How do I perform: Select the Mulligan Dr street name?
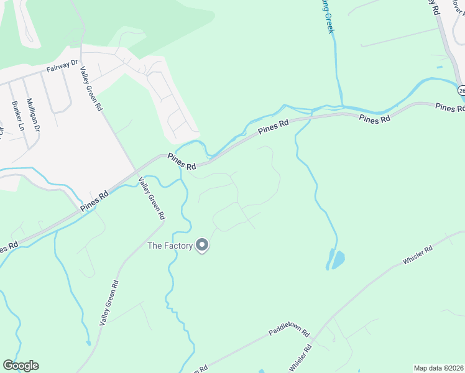(x=32, y=116)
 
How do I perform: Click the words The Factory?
(x=169, y=246)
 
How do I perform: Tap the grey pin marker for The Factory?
(x=202, y=246)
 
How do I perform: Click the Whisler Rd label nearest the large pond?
(x=418, y=256)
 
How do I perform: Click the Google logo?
(x=21, y=366)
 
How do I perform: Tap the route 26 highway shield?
(x=461, y=91)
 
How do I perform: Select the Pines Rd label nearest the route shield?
(x=449, y=108)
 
